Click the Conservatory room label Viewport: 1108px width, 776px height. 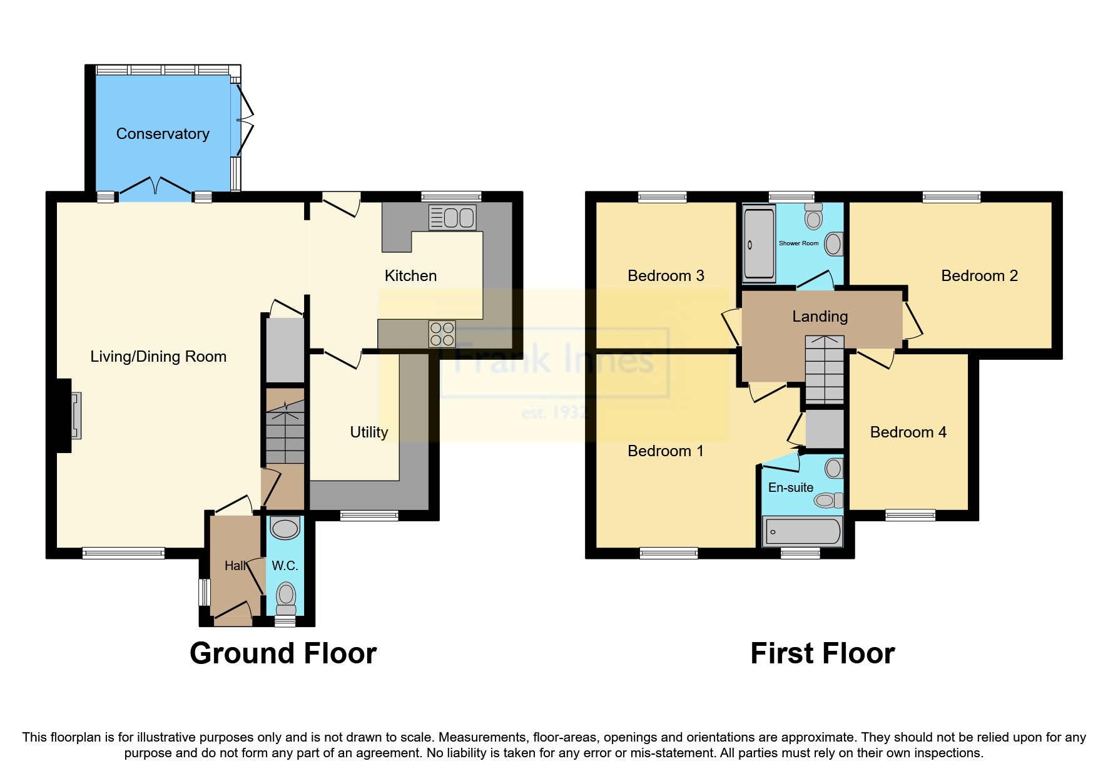[x=163, y=134]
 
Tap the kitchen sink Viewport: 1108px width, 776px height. [x=452, y=218]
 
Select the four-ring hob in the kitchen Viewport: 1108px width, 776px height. [x=442, y=334]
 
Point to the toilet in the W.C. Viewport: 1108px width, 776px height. [x=286, y=598]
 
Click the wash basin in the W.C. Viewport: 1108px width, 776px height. [x=285, y=528]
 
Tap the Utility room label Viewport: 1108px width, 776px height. [x=368, y=432]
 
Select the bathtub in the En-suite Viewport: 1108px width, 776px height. [x=803, y=531]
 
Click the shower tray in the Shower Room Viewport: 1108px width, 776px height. [x=759, y=245]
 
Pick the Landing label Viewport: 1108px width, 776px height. [x=820, y=317]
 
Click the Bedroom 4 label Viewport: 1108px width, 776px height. [x=908, y=432]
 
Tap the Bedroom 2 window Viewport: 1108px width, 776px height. [x=951, y=197]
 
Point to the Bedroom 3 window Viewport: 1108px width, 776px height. [x=662, y=197]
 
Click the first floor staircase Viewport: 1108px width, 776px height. [x=824, y=369]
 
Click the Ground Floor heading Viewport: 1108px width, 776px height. [x=283, y=653]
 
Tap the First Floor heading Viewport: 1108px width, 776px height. [x=822, y=653]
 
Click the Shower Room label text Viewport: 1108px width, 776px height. [x=798, y=243]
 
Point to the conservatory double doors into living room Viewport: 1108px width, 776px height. [x=155, y=188]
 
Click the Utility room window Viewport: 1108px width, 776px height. [x=368, y=516]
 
